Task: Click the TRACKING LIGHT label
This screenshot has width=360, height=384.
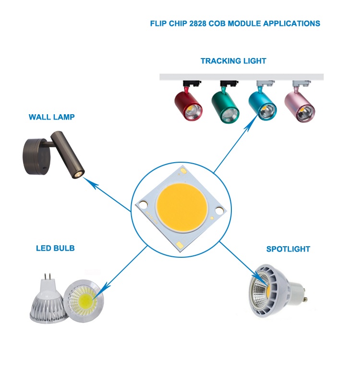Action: coord(233,61)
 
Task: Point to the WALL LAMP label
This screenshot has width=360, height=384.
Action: coord(51,117)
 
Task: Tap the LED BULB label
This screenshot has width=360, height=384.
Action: coord(55,248)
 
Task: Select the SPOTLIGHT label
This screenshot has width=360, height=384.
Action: coord(288,249)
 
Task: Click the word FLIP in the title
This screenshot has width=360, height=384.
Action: coord(158,23)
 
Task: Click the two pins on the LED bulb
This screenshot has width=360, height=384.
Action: coord(47,278)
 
